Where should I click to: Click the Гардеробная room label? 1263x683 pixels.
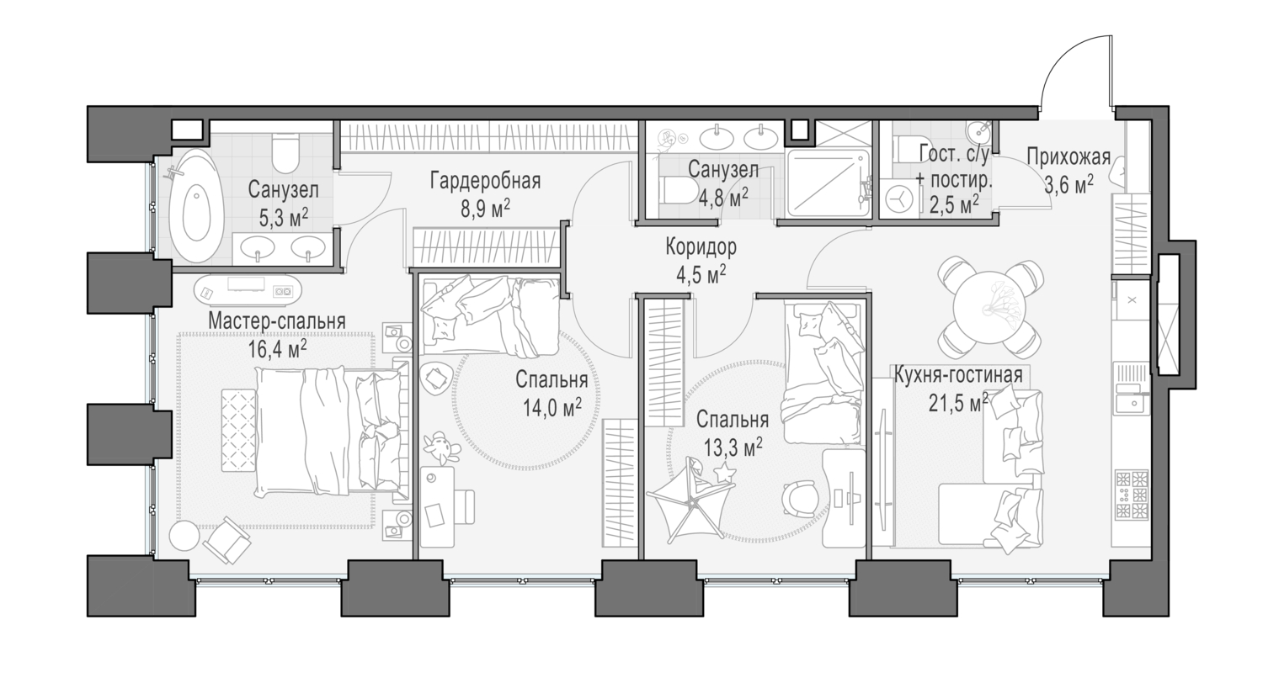pyautogui.click(x=486, y=182)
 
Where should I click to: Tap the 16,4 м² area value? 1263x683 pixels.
pyautogui.click(x=278, y=349)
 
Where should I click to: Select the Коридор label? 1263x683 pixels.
pyautogui.click(x=701, y=246)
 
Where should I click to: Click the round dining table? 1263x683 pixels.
pyautogui.click(x=990, y=308)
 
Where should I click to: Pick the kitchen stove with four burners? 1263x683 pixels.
pyautogui.click(x=1132, y=495)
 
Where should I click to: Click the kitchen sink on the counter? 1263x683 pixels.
pyautogui.click(x=1130, y=403)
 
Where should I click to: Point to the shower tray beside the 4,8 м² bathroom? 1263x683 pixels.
pyautogui.click(x=828, y=183)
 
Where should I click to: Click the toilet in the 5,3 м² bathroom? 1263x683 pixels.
pyautogui.click(x=285, y=153)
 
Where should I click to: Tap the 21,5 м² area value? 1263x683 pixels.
pyautogui.click(x=958, y=402)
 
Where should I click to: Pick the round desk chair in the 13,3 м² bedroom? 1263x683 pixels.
pyautogui.click(x=799, y=499)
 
